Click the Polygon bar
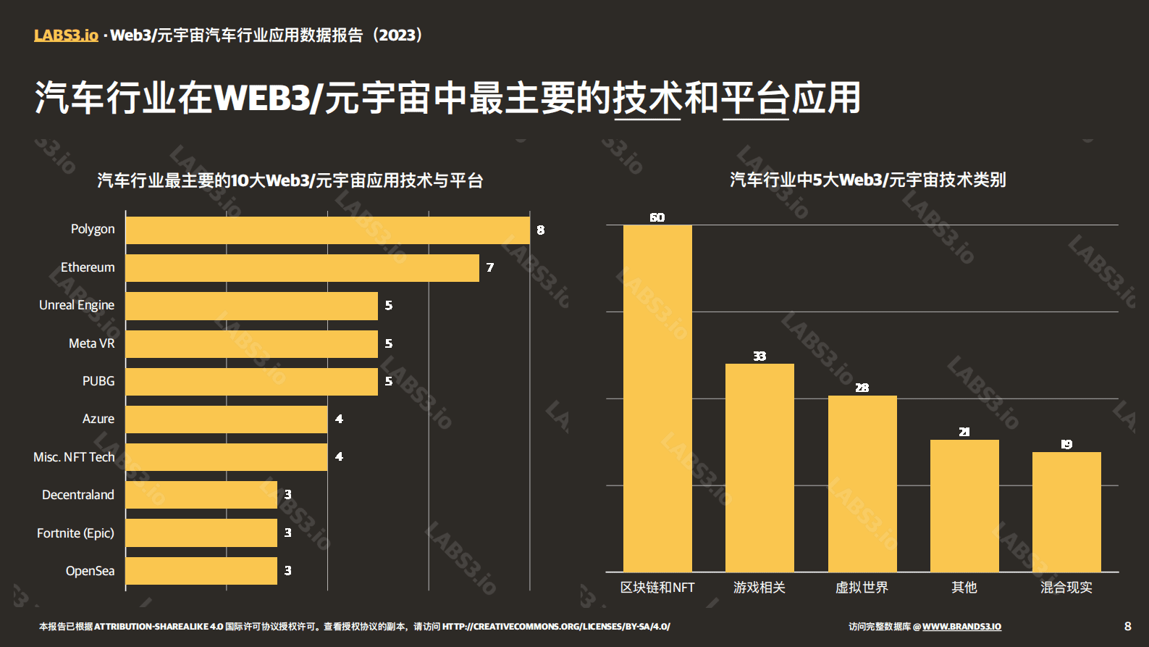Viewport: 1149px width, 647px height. (327, 230)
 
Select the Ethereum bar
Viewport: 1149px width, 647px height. (302, 268)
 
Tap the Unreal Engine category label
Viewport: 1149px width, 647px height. (77, 305)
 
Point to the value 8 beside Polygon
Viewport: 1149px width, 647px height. (540, 230)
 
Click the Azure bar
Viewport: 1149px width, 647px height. (226, 419)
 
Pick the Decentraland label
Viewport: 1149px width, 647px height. (78, 495)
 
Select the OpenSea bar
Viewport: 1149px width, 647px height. (201, 571)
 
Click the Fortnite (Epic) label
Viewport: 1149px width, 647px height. (76, 533)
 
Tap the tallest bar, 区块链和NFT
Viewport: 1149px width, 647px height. (657, 398)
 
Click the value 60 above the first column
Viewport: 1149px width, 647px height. (657, 217)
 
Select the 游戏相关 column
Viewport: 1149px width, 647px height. (759, 467)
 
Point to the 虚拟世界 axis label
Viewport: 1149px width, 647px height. (862, 588)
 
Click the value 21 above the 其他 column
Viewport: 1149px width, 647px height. (964, 432)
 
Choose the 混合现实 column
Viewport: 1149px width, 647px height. (1066, 512)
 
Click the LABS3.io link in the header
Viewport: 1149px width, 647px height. (66, 35)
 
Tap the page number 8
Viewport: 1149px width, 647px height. (1127, 626)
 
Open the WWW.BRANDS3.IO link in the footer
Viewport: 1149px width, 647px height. (961, 627)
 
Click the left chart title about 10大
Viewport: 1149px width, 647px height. (290, 180)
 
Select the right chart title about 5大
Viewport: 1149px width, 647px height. (867, 180)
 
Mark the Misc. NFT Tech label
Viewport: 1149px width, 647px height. (74, 457)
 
